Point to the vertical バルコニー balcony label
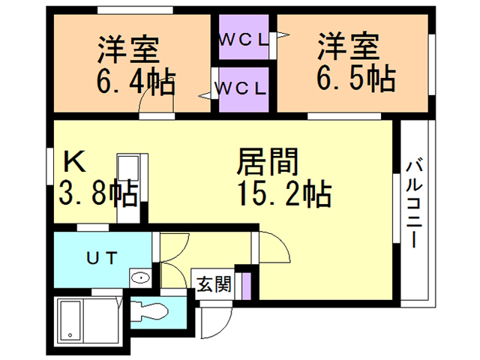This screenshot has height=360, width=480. point(414,202)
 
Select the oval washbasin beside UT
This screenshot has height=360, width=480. point(140,278)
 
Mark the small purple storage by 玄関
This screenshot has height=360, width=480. point(244,286)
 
